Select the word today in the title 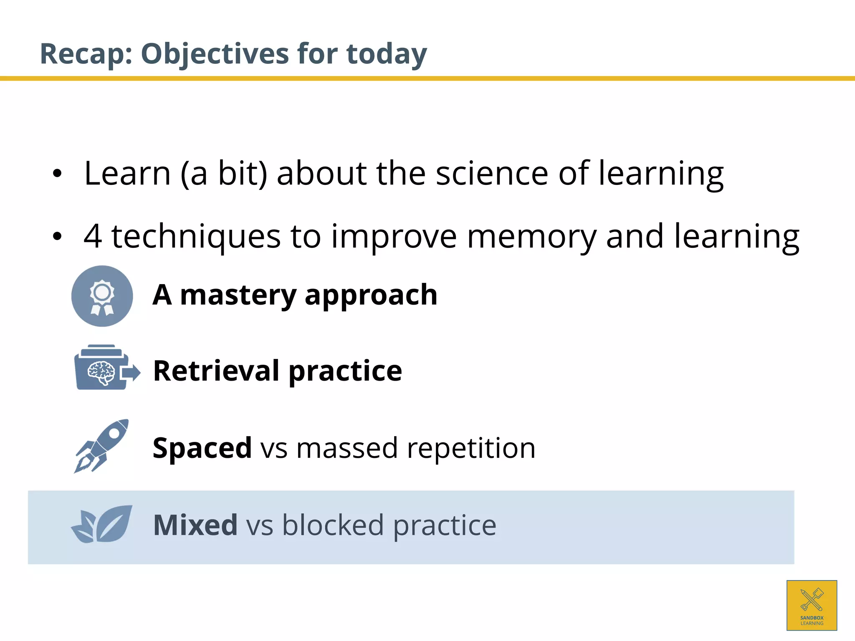tap(387, 54)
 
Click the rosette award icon tap(102, 296)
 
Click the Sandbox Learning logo tap(812, 605)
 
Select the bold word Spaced tap(202, 448)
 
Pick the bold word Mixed tap(195, 525)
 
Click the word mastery tap(238, 295)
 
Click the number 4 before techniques tap(93, 236)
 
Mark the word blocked tap(333, 525)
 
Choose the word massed tap(347, 448)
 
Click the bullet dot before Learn tap(57, 174)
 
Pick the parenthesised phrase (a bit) tap(224, 174)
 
